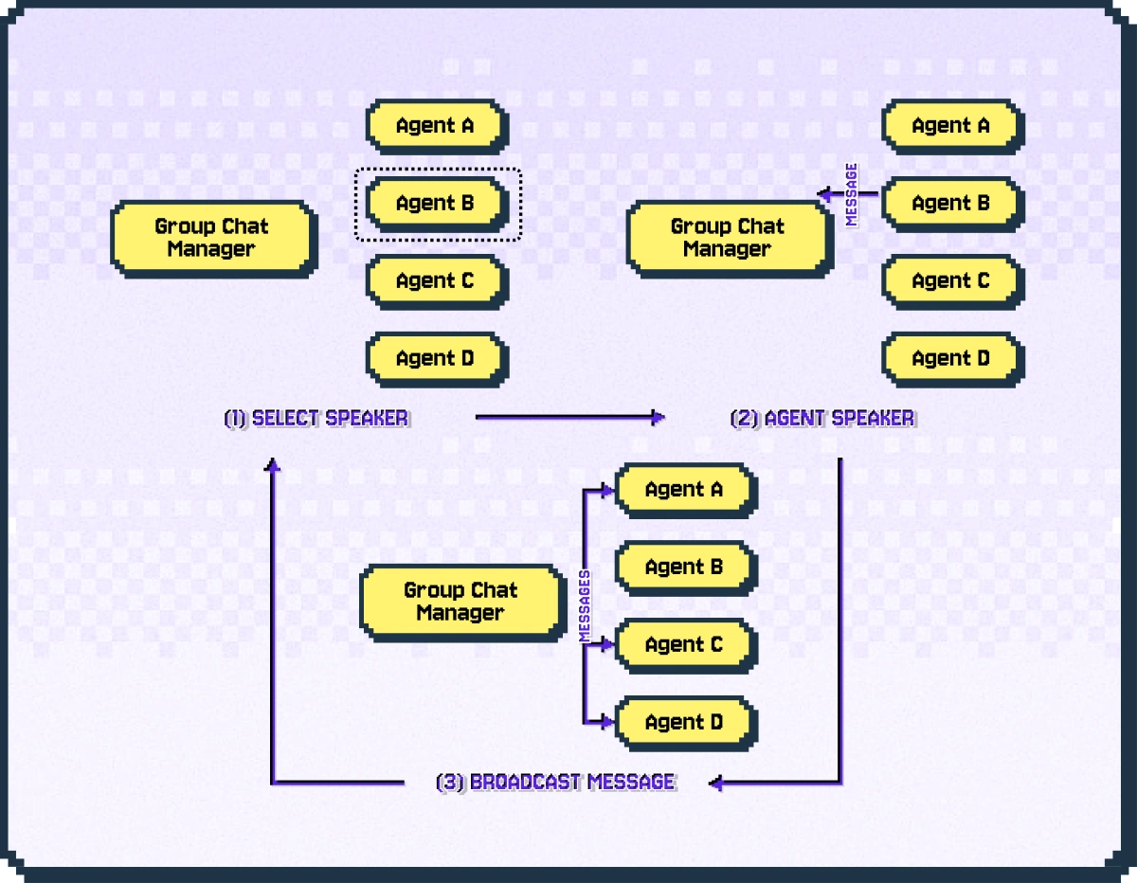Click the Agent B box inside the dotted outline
coord(436,203)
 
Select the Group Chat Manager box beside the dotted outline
coord(211,238)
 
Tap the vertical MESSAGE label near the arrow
coord(851,194)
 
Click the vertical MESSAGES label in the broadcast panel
coord(585,606)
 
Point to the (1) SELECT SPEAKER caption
coord(316,418)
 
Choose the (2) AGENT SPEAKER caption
coord(822,418)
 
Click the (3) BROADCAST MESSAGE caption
coord(556,783)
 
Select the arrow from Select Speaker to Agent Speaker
coord(568,417)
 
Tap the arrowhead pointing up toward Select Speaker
coord(273,464)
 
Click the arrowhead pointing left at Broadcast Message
coord(716,783)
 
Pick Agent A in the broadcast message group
coord(684,490)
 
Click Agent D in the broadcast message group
coord(684,723)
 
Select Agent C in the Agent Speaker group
coord(950,280)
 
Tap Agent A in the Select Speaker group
coord(436,125)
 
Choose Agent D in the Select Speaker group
coord(436,358)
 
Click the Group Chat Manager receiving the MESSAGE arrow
coord(728,238)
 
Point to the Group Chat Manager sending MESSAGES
coord(460,601)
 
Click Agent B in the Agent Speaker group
coord(950,203)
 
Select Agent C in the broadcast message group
coord(684,645)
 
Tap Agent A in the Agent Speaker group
coord(950,125)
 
